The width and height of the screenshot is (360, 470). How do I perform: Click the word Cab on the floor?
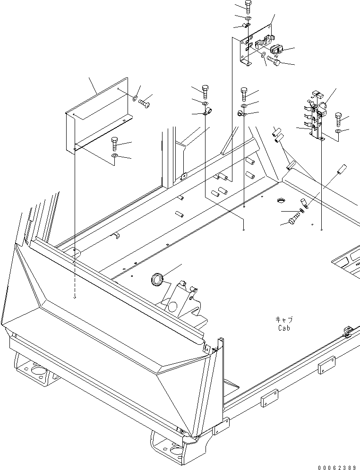283,327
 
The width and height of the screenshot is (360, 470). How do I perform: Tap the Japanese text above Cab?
283,320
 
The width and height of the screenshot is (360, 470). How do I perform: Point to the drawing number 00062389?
336,467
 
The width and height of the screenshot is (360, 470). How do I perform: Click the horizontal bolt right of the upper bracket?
274,61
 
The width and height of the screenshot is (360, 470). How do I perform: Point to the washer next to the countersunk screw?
135,98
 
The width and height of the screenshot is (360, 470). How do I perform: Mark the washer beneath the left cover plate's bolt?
114,155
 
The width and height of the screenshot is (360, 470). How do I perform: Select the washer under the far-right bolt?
339,130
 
